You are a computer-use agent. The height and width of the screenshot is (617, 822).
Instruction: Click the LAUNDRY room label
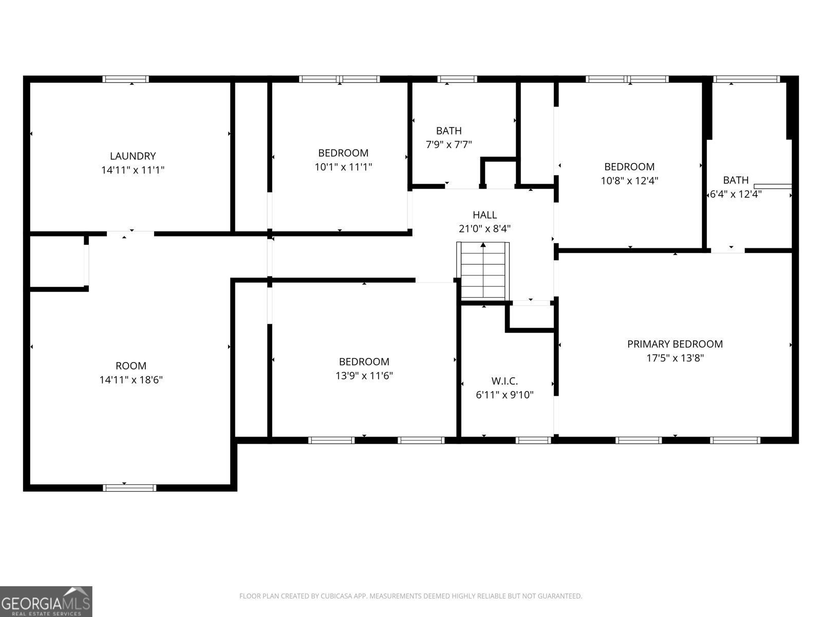(x=133, y=156)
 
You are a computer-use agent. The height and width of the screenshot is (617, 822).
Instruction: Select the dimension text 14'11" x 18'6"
(x=131, y=380)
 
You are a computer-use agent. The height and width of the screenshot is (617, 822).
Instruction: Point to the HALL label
(x=484, y=215)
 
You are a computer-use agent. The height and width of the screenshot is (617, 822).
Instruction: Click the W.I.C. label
(x=505, y=381)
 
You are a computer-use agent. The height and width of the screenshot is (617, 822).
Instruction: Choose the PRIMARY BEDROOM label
(x=675, y=344)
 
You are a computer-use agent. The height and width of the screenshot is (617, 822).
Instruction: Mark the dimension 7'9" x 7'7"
(x=449, y=145)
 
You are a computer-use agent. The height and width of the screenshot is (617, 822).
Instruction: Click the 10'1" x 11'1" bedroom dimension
(x=343, y=167)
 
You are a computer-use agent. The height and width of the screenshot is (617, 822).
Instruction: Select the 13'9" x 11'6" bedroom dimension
(x=364, y=376)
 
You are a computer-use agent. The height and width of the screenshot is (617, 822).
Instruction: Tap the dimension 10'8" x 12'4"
(x=629, y=180)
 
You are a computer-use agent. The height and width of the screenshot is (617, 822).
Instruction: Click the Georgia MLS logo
(x=46, y=601)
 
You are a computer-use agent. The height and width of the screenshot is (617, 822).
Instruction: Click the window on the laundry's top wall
(x=125, y=79)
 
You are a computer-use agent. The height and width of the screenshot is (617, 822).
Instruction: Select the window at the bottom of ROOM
(x=129, y=487)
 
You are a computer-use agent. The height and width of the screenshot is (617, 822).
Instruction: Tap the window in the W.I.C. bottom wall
(x=533, y=440)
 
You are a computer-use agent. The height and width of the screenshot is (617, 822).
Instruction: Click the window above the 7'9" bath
(x=457, y=79)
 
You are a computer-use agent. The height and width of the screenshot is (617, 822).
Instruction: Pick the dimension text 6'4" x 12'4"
(x=735, y=194)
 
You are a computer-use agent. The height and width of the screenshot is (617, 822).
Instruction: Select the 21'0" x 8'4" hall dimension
(x=484, y=229)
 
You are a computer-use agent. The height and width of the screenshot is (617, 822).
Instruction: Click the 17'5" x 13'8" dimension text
(x=675, y=358)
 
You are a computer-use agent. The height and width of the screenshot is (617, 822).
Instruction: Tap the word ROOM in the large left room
(x=131, y=366)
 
